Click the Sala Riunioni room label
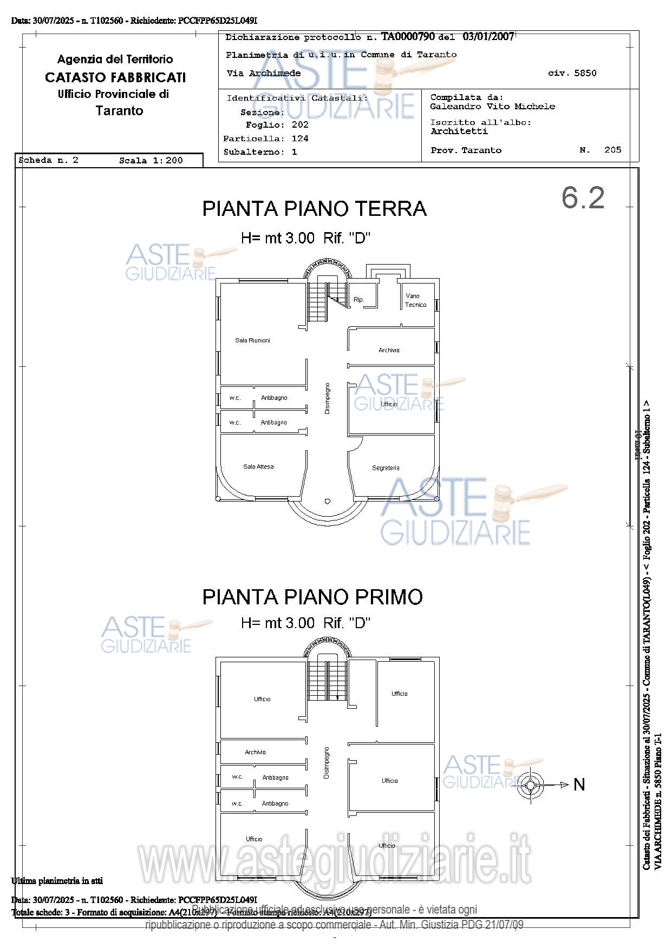(x=252, y=340)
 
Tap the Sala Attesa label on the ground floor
(x=258, y=466)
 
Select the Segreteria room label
(x=386, y=468)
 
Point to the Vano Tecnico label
(x=415, y=300)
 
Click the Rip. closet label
(x=358, y=300)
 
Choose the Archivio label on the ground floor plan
(x=389, y=351)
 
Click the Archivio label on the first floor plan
(x=255, y=752)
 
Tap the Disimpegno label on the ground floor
(x=327, y=399)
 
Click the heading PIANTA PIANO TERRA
(x=314, y=209)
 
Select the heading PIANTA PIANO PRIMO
(x=312, y=597)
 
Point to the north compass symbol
(x=530, y=785)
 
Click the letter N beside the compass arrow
(x=579, y=785)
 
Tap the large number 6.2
(x=583, y=197)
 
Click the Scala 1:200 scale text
(x=151, y=161)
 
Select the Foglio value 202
(x=300, y=125)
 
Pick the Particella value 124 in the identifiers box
(x=300, y=139)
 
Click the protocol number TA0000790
(x=408, y=37)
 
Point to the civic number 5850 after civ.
(x=585, y=73)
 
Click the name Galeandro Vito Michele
(x=492, y=107)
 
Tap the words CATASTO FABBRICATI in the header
(x=115, y=77)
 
